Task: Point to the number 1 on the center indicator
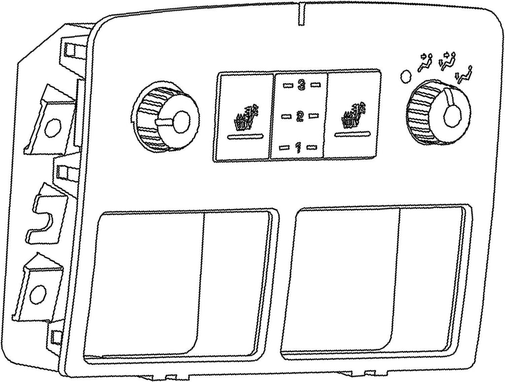298,147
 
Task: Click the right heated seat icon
354,115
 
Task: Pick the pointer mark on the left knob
165,122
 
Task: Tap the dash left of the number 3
288,85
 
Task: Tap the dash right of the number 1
312,147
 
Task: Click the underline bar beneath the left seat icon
246,136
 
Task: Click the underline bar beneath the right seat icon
353,132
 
